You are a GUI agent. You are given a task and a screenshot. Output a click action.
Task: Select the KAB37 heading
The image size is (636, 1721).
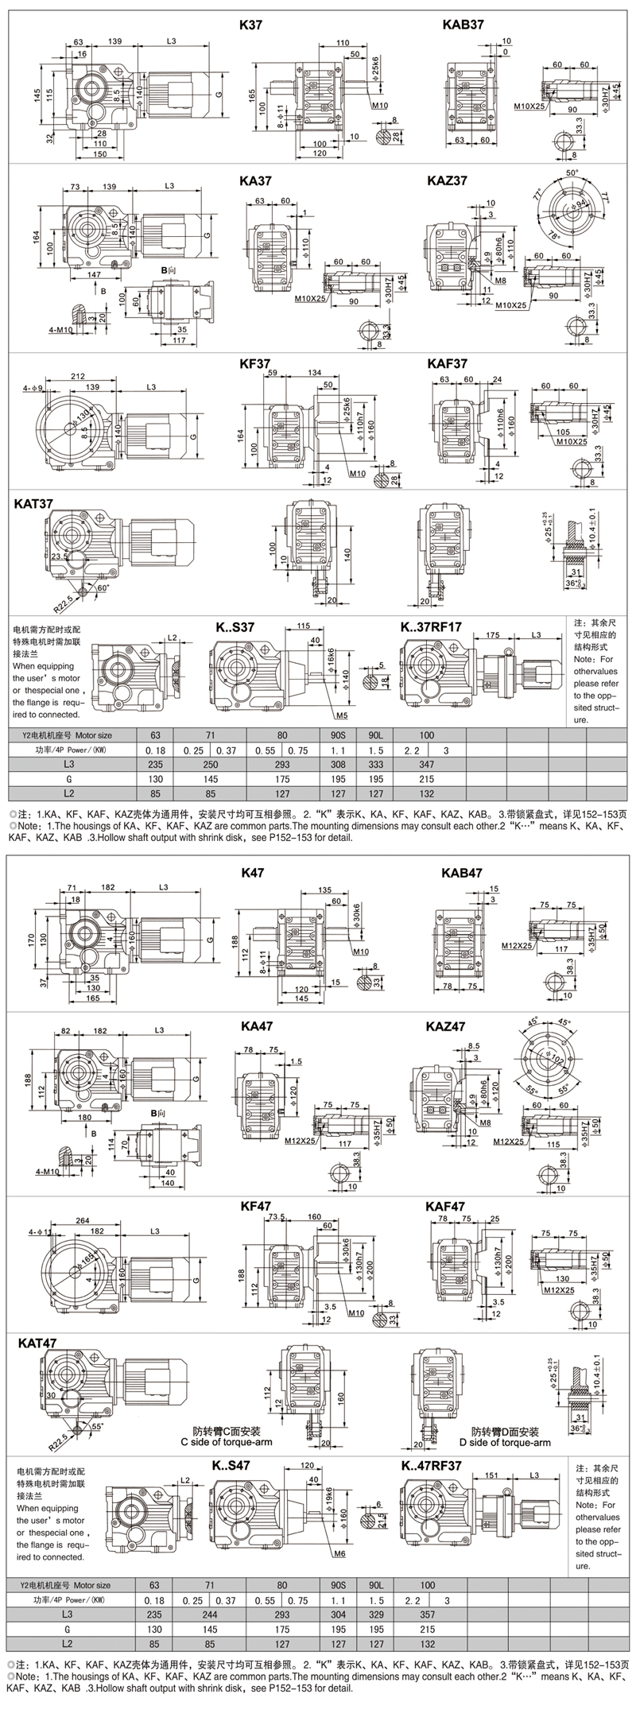pyautogui.click(x=462, y=25)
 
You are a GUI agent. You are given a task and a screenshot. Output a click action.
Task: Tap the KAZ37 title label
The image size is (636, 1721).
pyautogui.click(x=447, y=181)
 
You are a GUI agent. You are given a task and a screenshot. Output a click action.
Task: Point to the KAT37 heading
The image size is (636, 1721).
pyautogui.click(x=34, y=503)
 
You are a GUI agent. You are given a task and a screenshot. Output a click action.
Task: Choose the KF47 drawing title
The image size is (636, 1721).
pyautogui.click(x=256, y=1206)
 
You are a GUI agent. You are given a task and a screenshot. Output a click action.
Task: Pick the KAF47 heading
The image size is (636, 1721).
pyautogui.click(x=445, y=1206)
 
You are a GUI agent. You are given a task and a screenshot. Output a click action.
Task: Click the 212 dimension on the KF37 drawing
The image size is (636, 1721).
pyautogui.click(x=77, y=377)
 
